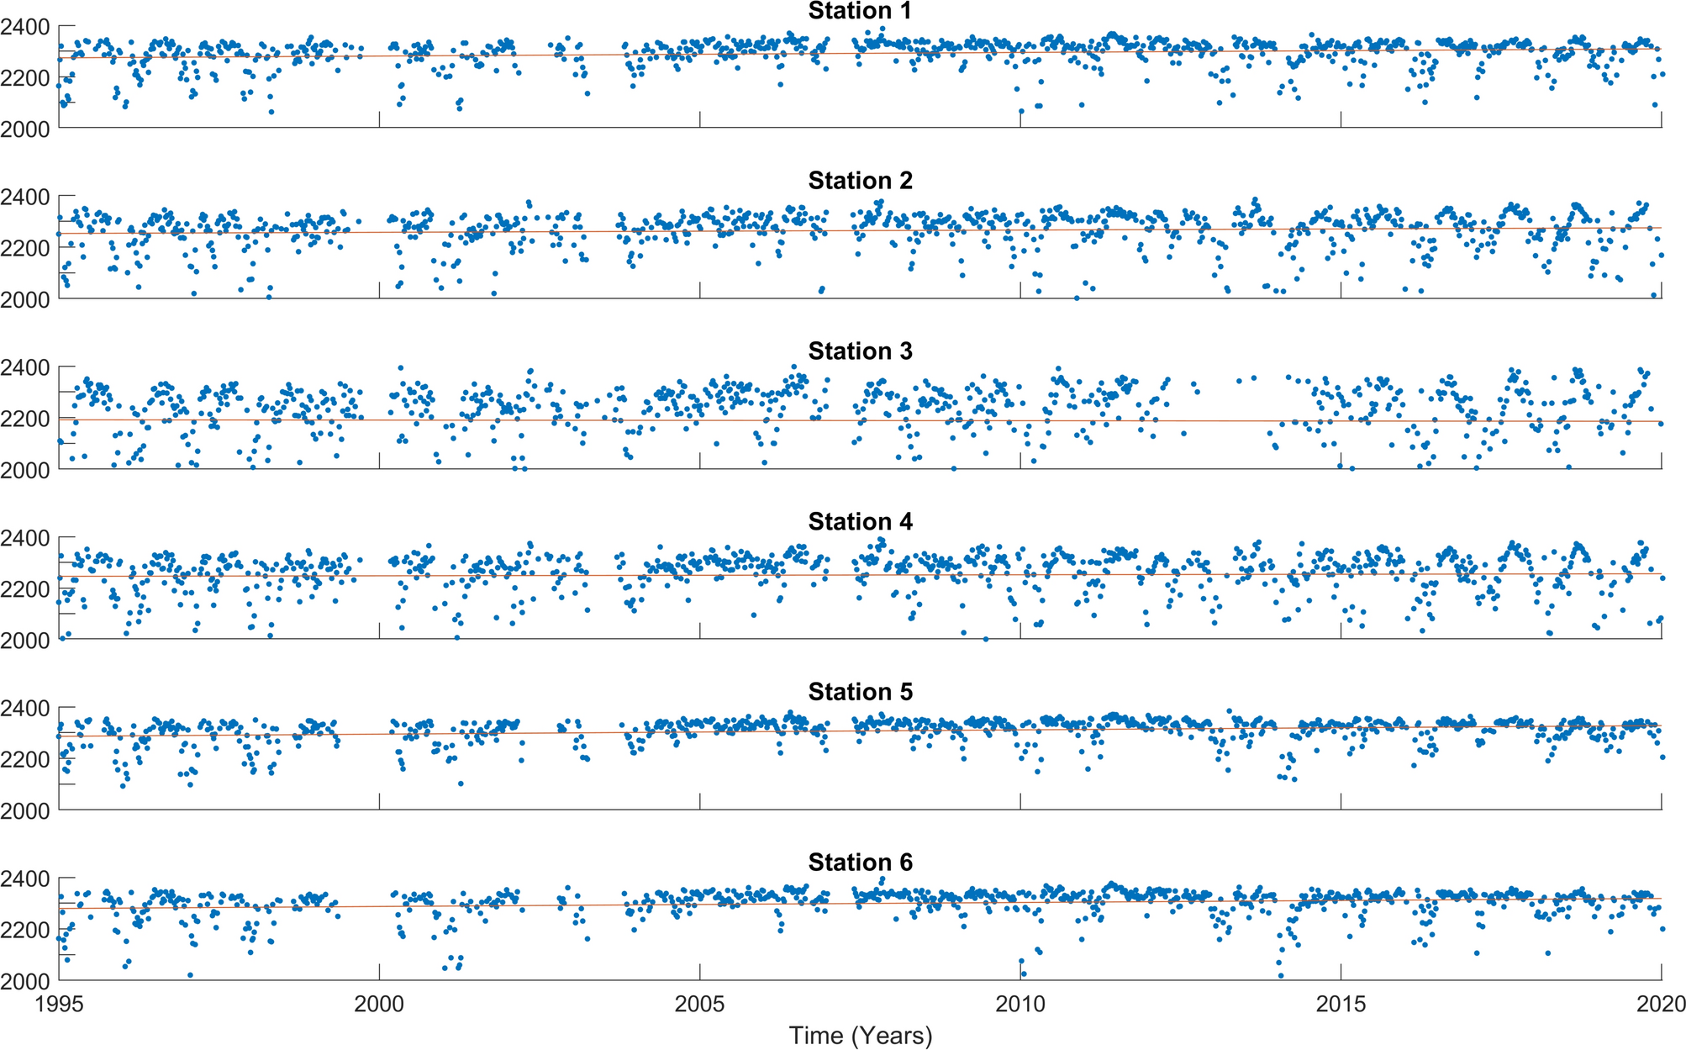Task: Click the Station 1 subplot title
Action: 860,11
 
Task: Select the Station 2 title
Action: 860,181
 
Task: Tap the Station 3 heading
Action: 860,351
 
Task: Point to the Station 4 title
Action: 860,522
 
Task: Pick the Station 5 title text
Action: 860,692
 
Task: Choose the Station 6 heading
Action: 860,863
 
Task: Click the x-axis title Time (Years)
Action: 860,1036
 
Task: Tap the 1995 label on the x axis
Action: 59,1004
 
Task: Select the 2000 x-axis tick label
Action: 379,1004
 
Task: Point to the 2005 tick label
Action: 699,1004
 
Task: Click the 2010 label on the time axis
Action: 1020,1004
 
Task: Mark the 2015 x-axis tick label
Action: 1341,1004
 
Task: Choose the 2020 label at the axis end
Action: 1661,1004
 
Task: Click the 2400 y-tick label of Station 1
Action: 24,27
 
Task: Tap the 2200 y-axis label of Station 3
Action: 24,419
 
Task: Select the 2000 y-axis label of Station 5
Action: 24,810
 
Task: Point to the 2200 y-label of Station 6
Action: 24,930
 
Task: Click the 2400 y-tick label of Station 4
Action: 24,538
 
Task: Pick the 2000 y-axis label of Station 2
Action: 24,299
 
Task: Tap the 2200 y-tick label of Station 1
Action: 24,78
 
